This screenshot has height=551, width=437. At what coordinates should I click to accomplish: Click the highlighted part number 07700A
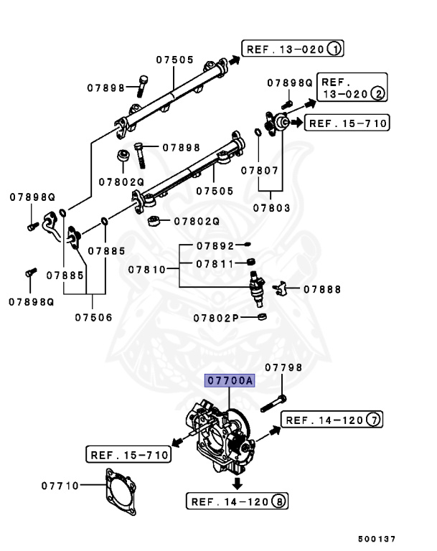tap(230, 382)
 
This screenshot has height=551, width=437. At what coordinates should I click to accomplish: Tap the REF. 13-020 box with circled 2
tap(352, 88)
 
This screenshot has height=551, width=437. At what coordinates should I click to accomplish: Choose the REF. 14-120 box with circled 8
tap(238, 501)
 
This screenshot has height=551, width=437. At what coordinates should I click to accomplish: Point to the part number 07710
tap(59, 486)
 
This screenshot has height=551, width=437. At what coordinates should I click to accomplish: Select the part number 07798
tap(283, 367)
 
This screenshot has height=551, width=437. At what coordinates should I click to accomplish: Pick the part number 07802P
tap(217, 317)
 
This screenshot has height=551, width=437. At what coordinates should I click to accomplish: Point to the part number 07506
tap(93, 316)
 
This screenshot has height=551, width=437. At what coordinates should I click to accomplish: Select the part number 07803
tap(271, 208)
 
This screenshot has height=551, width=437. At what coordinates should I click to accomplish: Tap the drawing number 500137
tap(377, 538)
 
